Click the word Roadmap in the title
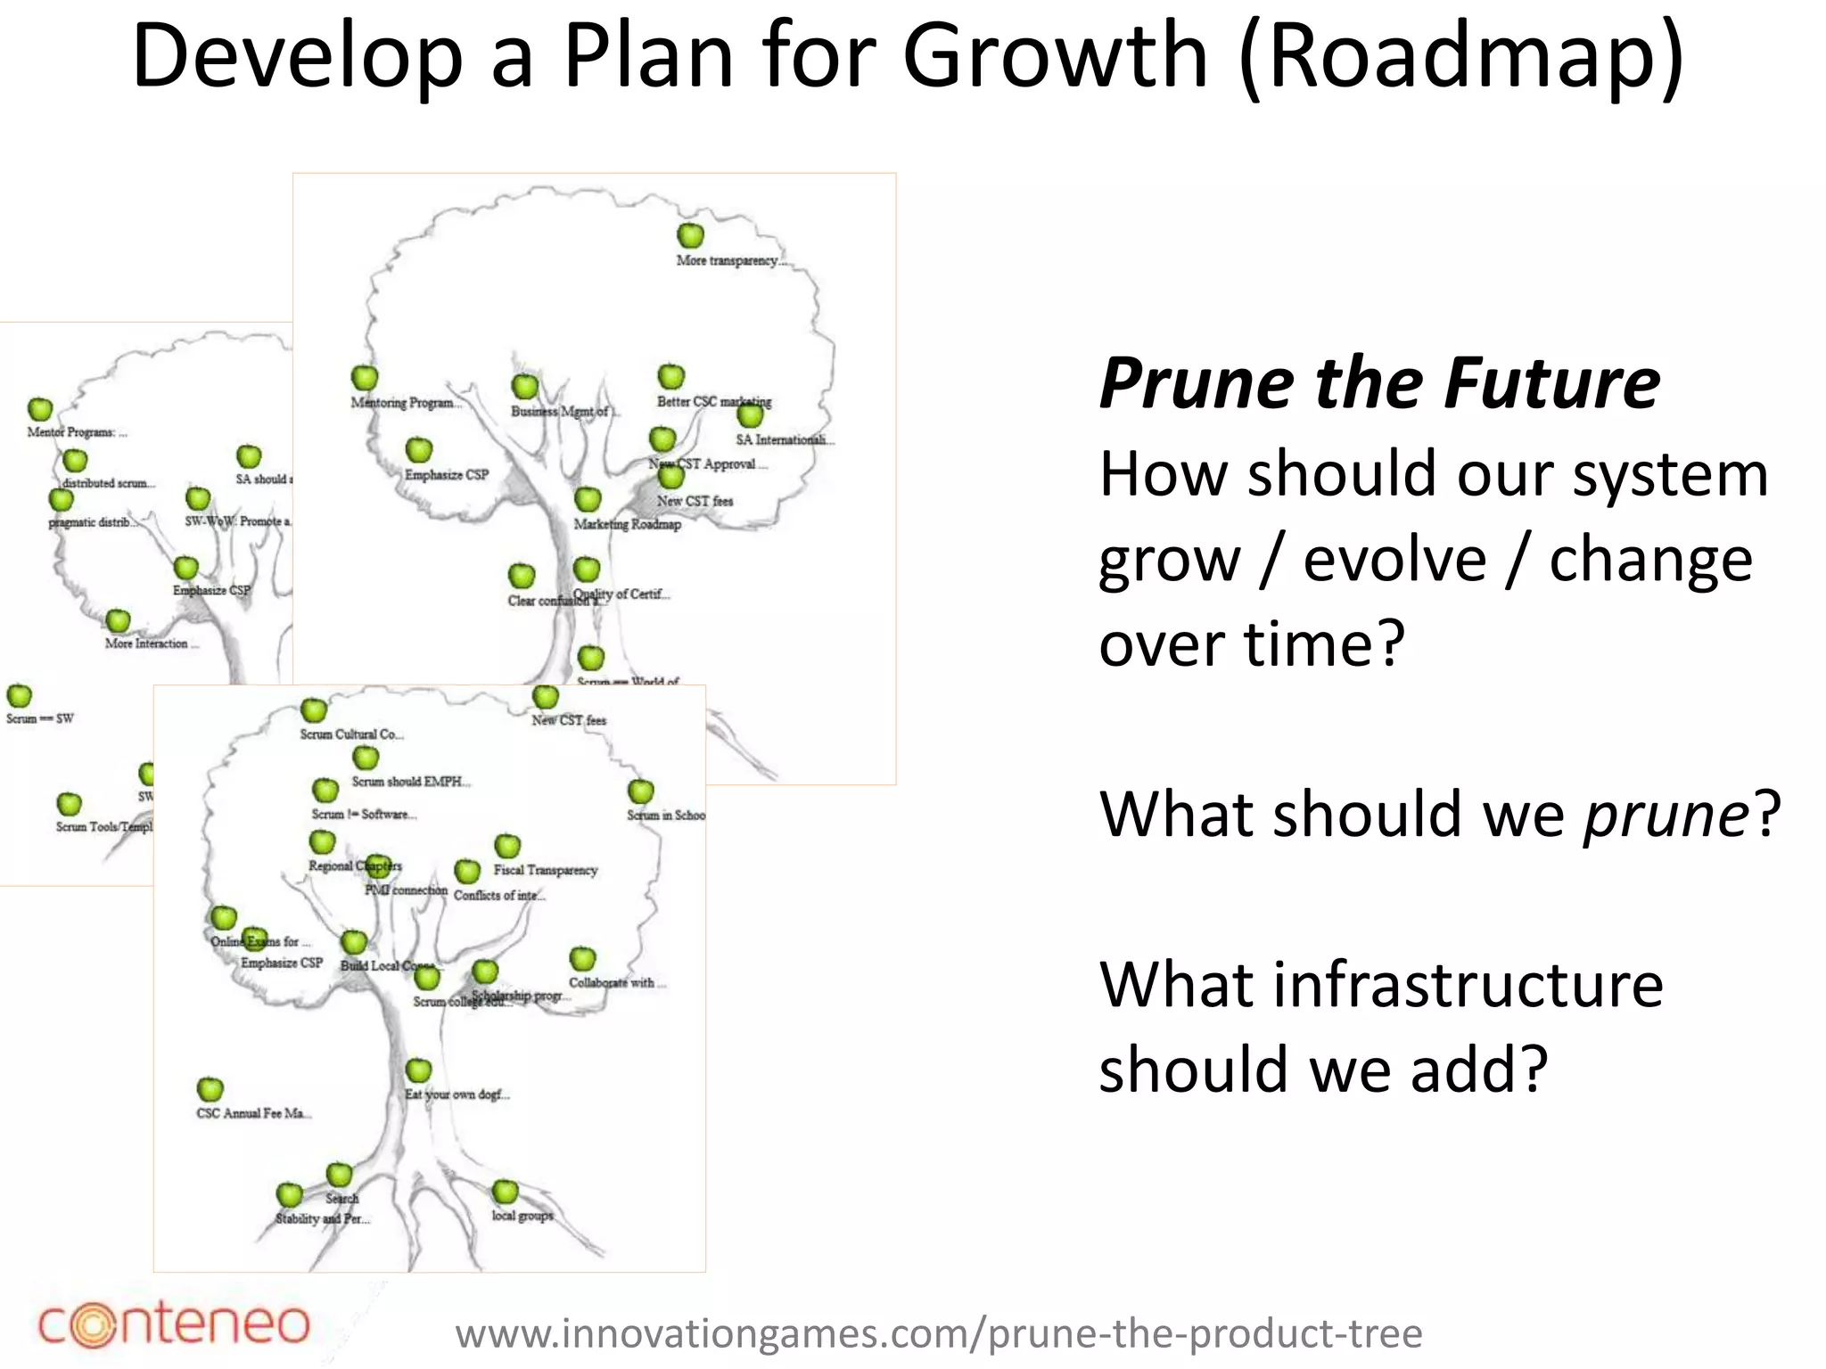coord(1460,57)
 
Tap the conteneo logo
coord(174,1324)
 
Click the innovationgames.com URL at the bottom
coord(938,1334)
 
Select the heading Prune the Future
coord(1379,383)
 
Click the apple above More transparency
coord(690,235)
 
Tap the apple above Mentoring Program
coord(364,378)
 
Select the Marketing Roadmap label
coord(627,524)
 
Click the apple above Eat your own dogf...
coord(418,1070)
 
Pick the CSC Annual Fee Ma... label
coord(253,1113)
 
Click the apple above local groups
coord(505,1191)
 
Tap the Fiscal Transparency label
coord(545,870)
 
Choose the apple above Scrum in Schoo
coord(640,791)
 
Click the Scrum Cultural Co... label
coord(351,734)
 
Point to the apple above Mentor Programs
coord(40,409)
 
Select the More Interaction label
coord(150,644)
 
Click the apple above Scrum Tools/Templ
coord(69,804)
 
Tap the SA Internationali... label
coord(784,439)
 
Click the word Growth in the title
coord(1055,57)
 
